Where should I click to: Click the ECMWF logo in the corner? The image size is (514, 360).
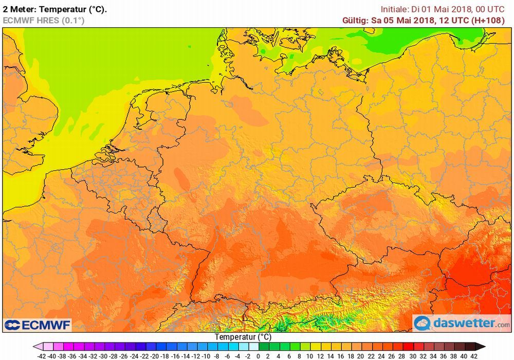38,325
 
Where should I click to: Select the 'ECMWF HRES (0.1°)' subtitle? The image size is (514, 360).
44,21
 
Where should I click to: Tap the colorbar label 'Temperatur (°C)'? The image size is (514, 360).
243,337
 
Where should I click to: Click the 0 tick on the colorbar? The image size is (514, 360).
258,355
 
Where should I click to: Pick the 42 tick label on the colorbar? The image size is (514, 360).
474,355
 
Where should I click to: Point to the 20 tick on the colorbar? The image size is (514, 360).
361,355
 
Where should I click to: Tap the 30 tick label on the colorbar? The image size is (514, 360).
412,355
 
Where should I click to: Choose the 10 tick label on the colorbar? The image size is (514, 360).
309,355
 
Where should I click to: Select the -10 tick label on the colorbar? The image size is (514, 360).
206,355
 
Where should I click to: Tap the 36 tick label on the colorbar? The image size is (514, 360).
443,355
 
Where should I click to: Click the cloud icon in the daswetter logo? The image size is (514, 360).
423,323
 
